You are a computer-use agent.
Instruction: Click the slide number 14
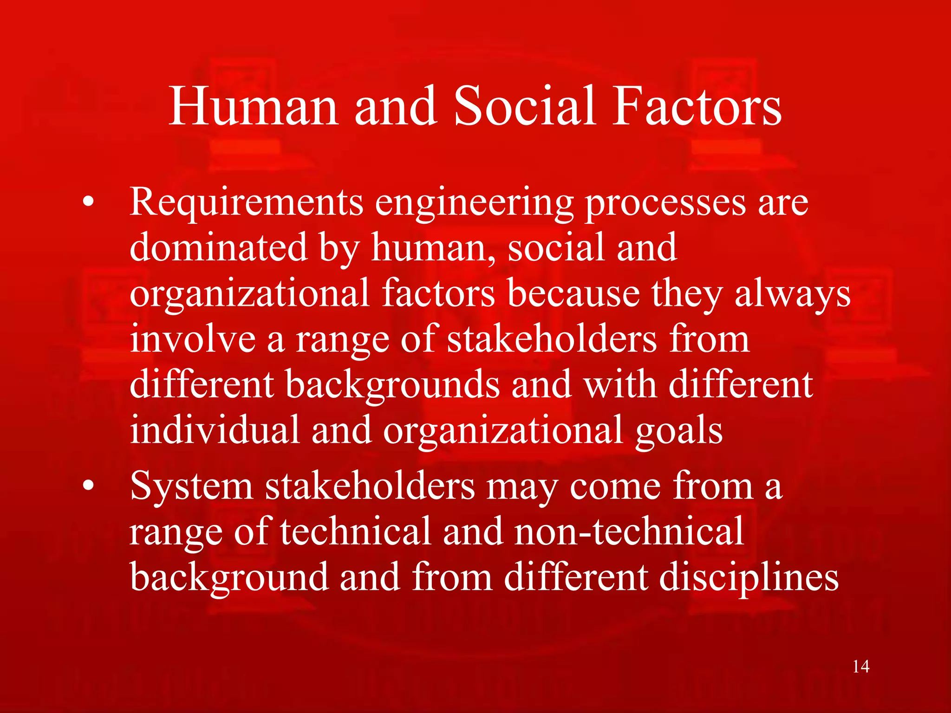[861, 667]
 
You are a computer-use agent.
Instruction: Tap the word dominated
[218, 248]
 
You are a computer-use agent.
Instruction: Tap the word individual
[215, 430]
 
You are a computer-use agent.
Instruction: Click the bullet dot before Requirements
[88, 202]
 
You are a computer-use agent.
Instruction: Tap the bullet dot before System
[88, 486]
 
